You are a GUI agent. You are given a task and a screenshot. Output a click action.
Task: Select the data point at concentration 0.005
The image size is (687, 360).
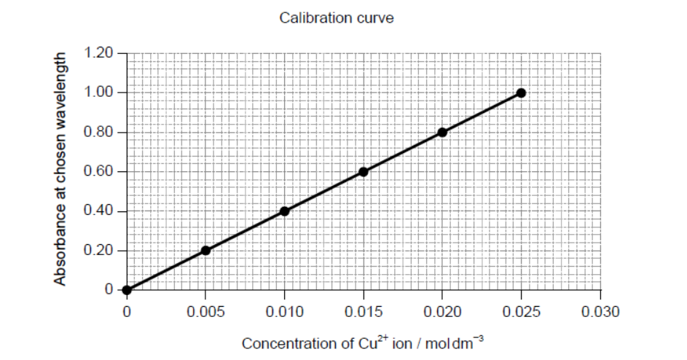click(x=205, y=251)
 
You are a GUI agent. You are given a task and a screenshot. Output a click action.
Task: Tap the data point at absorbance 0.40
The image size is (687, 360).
click(x=284, y=211)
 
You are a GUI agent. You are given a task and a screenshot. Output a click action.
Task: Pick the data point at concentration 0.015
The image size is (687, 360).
click(x=364, y=172)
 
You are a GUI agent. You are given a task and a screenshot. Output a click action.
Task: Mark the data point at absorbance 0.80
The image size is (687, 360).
click(x=442, y=133)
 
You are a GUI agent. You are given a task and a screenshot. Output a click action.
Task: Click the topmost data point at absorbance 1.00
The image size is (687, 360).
click(x=521, y=93)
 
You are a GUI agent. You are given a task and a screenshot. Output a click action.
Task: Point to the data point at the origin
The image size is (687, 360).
click(x=127, y=290)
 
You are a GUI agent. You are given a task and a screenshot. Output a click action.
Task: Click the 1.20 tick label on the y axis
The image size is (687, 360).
click(x=99, y=53)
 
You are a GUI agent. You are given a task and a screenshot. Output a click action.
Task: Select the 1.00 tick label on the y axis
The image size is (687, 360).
click(x=99, y=93)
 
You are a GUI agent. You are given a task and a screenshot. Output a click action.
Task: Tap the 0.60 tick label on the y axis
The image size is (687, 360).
click(x=99, y=172)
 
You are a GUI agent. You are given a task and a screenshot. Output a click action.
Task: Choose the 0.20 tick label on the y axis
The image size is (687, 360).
click(x=99, y=251)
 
